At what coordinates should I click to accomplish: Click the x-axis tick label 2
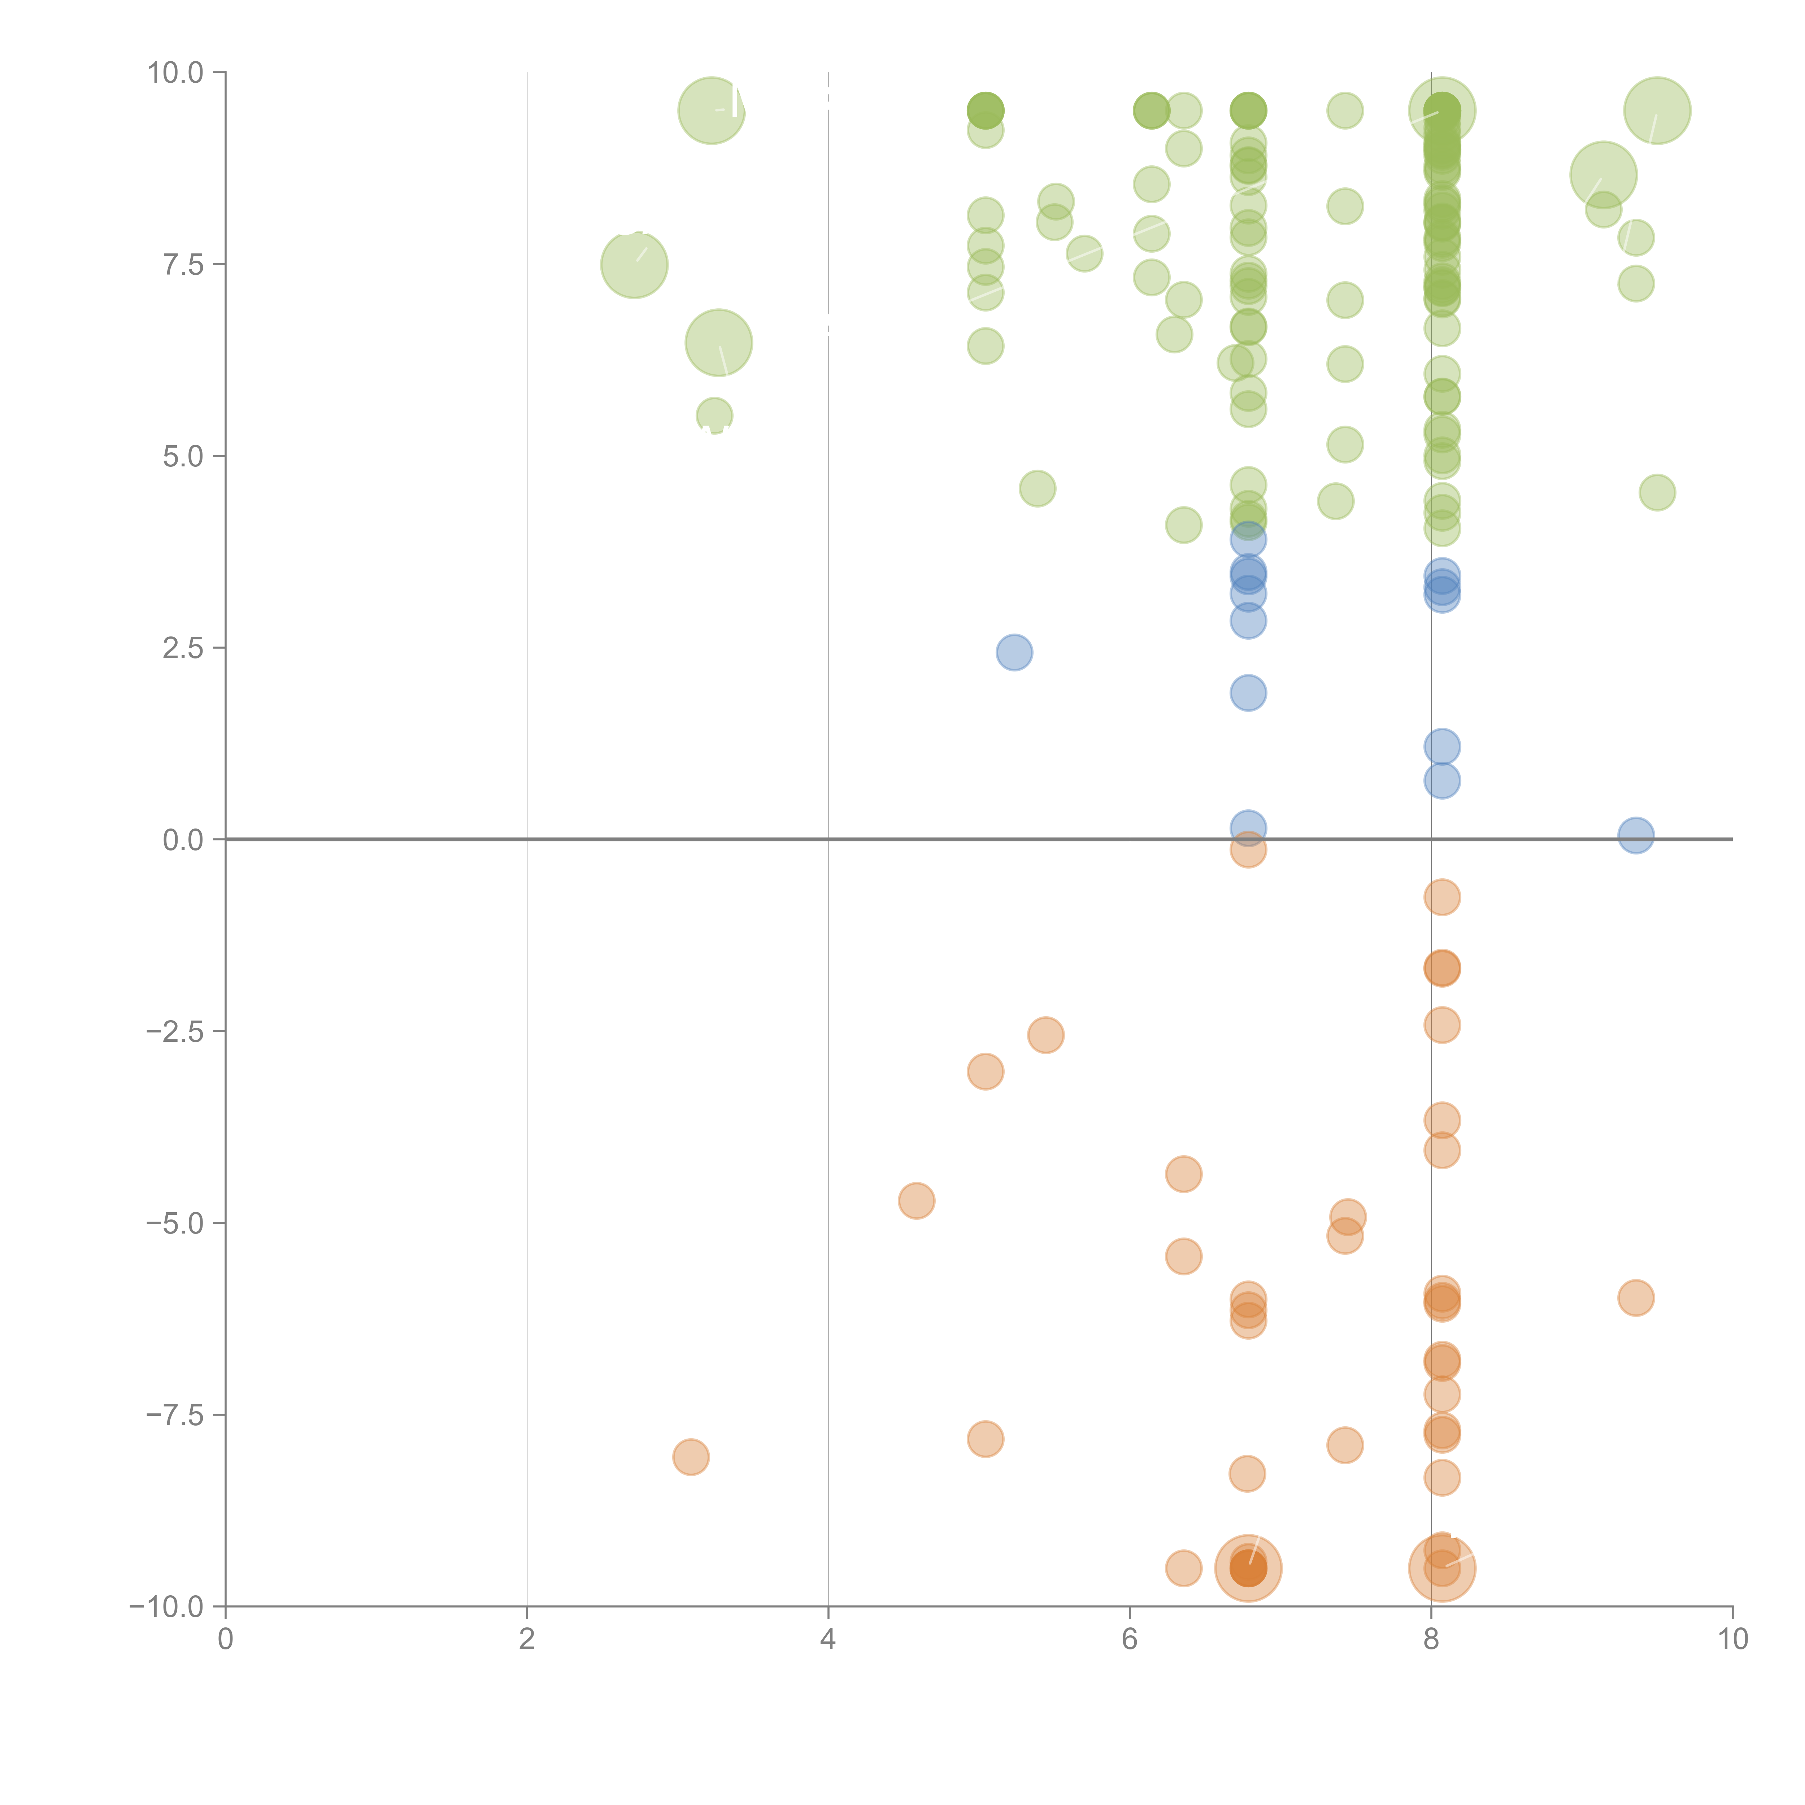(527, 1639)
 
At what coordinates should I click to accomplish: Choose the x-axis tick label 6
(1130, 1639)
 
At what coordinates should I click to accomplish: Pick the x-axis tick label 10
(1732, 1639)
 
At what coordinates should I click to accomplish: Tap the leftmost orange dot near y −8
(691, 1457)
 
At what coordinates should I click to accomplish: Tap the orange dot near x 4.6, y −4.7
(917, 1201)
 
